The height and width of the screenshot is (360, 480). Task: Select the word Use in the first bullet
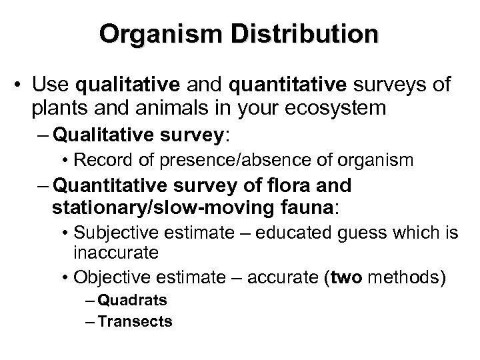coord(54,85)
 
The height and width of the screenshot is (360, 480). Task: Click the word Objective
coord(114,275)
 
